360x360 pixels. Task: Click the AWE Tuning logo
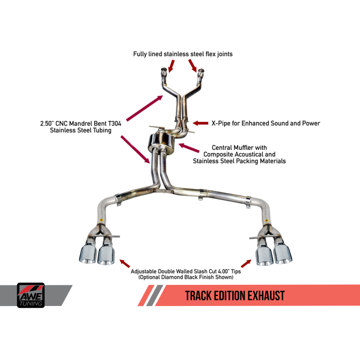(x=31, y=295)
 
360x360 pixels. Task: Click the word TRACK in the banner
(x=200, y=295)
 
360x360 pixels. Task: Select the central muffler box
(x=159, y=142)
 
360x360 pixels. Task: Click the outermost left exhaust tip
(x=87, y=254)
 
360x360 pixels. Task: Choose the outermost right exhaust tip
(x=282, y=254)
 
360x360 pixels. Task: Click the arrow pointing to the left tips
(x=124, y=263)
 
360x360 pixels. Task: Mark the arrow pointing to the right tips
(x=246, y=263)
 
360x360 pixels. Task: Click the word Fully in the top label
(x=141, y=54)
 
